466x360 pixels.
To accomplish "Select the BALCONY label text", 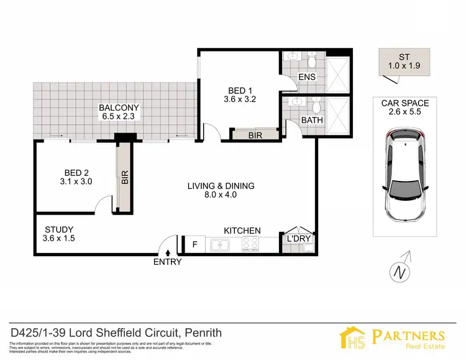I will tap(119, 108).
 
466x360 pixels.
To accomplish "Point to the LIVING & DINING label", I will tap(222, 186).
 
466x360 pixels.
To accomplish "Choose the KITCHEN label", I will tap(242, 231).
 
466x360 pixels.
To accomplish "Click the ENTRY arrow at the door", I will tap(168, 251).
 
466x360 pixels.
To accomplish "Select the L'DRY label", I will tap(298, 239).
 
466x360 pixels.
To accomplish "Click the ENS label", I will tap(308, 76).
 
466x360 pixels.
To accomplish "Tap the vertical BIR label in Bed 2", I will tap(124, 178).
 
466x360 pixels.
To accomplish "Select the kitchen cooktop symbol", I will tap(250, 245).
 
